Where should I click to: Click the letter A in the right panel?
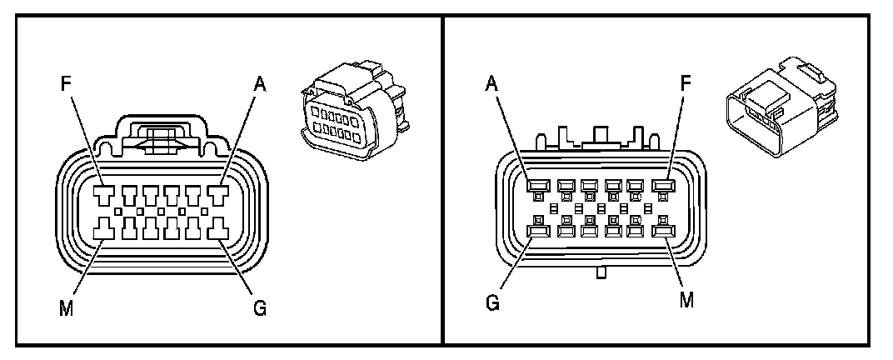[492, 84]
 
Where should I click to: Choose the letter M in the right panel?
[686, 298]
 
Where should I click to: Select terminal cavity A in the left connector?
[221, 194]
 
